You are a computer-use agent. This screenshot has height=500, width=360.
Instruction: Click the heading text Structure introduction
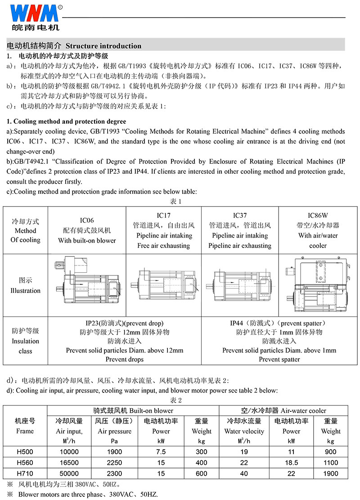pos(104,46)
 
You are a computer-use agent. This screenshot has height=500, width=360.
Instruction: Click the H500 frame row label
pos(24,451)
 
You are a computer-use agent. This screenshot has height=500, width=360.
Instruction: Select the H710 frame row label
pos(24,473)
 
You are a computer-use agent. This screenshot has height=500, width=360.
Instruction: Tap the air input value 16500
pos(69,462)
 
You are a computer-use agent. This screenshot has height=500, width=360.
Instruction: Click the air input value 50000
pos(69,473)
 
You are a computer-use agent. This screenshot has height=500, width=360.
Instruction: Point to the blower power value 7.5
pos(161,451)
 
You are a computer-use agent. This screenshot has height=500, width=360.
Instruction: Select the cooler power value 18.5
pos(291,462)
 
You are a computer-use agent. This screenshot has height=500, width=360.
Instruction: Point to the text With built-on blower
pos(87,240)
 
